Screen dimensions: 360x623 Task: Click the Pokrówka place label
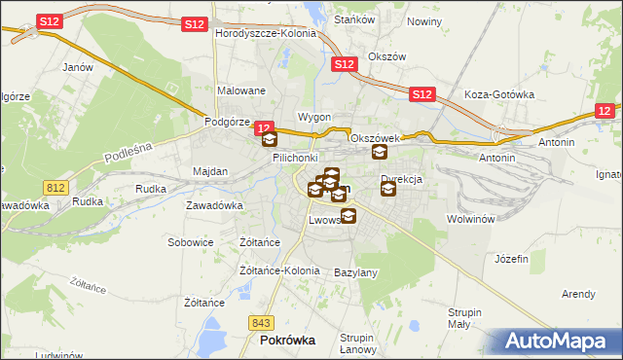coord(288,342)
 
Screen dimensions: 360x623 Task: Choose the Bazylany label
coord(355,272)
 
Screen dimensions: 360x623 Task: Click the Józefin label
coord(511,259)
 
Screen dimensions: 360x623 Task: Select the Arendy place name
coord(578,294)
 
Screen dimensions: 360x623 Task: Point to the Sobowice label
coord(190,242)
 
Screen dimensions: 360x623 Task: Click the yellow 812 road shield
coord(55,185)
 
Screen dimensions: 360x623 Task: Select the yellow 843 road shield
coord(260,323)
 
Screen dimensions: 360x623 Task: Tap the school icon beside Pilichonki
coord(270,139)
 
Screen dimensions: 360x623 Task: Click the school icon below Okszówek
coord(379,152)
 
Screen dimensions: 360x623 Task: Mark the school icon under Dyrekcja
coord(388,189)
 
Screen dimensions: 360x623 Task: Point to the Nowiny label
coord(424,21)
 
